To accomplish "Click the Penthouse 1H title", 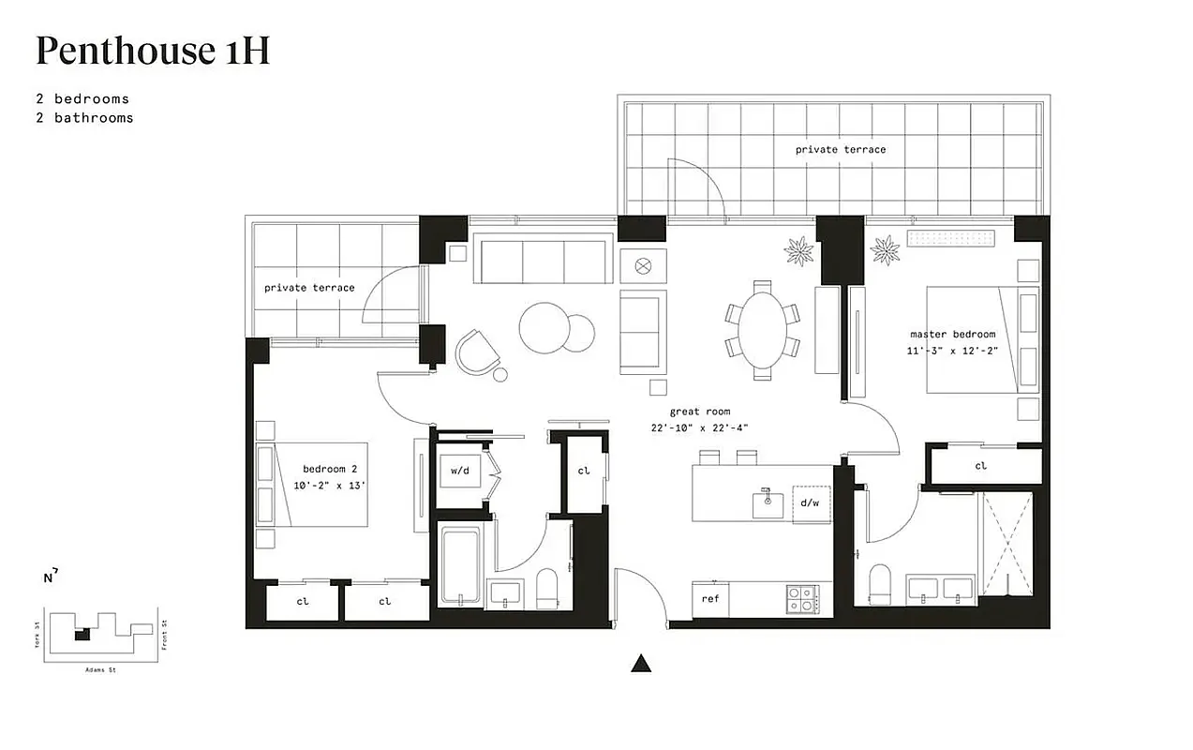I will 153,51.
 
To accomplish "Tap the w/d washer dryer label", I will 459,471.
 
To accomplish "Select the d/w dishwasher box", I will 810,502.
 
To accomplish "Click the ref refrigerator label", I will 710,598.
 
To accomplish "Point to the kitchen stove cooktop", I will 801,598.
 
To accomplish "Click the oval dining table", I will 762,331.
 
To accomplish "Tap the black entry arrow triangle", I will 641,664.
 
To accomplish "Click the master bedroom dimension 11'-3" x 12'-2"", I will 952,351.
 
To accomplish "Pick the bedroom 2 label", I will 330,469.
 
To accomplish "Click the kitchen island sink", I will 768,502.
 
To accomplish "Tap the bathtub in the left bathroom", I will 460,566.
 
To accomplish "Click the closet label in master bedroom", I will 980,466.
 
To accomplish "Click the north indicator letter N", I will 48,577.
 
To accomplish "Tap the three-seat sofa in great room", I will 542,260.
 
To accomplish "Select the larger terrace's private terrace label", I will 840,149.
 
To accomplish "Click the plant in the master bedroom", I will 886,250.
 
